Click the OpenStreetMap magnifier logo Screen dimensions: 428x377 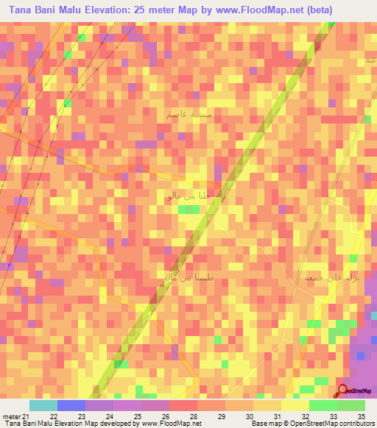point(343,391)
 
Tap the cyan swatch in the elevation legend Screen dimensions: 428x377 point(43,405)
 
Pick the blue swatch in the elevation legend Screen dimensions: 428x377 point(71,405)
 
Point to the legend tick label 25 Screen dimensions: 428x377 point(137,415)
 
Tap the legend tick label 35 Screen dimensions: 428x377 point(361,415)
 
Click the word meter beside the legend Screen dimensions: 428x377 point(11,415)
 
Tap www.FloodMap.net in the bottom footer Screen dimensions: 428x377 point(171,424)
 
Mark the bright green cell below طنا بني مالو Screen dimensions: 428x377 point(189,210)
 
